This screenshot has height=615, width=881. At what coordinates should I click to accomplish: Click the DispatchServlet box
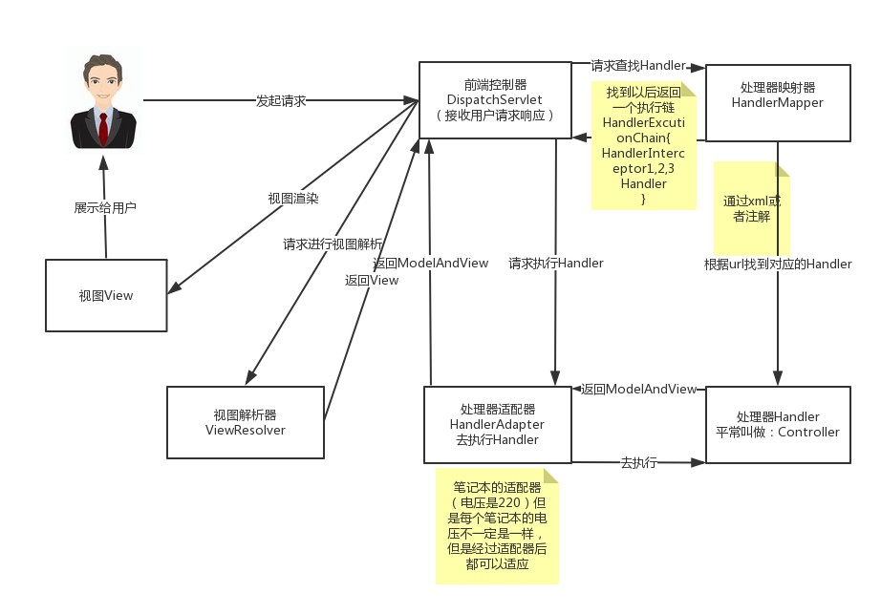(x=494, y=100)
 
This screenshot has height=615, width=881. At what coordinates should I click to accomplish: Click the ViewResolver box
(x=246, y=422)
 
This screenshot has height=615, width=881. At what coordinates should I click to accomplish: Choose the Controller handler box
(x=777, y=425)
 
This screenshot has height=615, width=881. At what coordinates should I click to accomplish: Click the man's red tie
(x=103, y=126)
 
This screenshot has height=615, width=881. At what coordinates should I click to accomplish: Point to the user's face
(x=103, y=85)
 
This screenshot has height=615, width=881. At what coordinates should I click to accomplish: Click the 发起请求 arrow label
(x=281, y=100)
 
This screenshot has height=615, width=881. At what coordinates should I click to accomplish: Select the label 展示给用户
(x=105, y=207)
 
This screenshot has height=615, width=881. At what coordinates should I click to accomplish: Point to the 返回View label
(x=372, y=281)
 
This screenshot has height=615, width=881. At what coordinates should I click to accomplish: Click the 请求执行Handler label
(x=555, y=264)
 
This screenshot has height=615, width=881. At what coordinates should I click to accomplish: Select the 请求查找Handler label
(x=637, y=66)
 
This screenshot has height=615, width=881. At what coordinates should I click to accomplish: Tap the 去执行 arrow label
(x=638, y=463)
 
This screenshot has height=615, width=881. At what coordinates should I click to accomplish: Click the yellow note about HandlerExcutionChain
(x=643, y=145)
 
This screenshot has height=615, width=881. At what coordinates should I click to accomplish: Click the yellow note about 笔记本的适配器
(x=497, y=525)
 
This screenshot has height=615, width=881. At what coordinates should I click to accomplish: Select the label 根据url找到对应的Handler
(x=777, y=265)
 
